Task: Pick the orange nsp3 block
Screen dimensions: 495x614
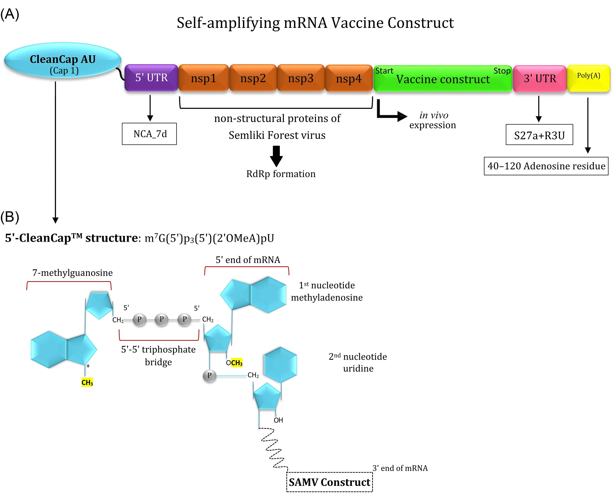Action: [301, 78]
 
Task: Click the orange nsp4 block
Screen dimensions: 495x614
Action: [349, 78]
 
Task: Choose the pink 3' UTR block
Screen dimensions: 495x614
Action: [540, 78]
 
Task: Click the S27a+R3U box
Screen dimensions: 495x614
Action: [539, 135]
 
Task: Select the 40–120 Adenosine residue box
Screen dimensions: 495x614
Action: [546, 166]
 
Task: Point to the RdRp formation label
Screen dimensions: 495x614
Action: [281, 174]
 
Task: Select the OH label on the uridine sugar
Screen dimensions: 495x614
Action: [278, 420]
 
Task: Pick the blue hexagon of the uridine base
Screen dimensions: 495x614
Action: [281, 365]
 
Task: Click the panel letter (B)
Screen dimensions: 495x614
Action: [10, 217]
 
